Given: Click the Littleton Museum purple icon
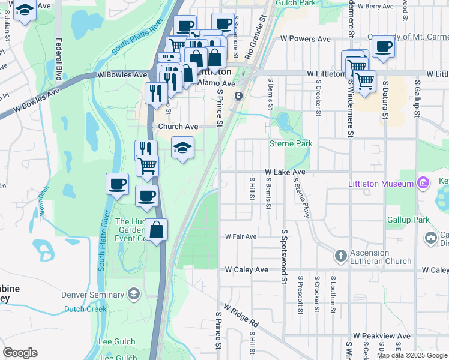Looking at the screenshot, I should click(x=423, y=182).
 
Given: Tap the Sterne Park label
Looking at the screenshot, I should click(x=291, y=144).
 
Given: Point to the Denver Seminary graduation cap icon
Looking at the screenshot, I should click(x=133, y=294).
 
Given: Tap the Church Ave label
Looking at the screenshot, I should click(x=178, y=127).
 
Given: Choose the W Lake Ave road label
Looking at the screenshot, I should click(x=285, y=172).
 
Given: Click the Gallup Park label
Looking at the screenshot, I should click(x=408, y=220).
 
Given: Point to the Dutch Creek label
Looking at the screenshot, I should click(x=86, y=309).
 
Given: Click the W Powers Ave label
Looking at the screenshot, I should click(x=306, y=39).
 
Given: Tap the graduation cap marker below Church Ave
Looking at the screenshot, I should click(x=183, y=147).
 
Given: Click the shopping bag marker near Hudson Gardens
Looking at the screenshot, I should click(x=156, y=230).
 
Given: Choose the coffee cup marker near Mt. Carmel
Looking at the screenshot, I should click(x=383, y=46).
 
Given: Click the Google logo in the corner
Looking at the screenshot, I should click(x=20, y=353).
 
